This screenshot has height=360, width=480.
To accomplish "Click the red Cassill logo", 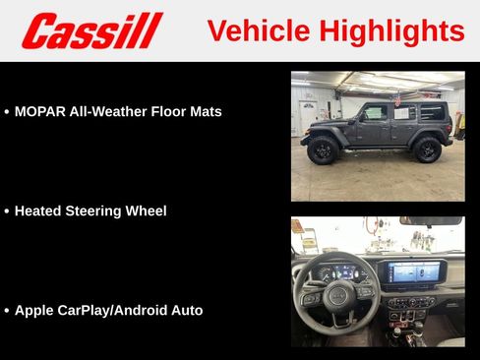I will [x=91, y=30].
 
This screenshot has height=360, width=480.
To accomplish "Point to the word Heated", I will [x=38, y=210].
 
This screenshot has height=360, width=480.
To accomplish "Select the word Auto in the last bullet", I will [x=186, y=310].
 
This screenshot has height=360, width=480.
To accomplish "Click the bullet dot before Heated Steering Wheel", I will [x=7, y=211].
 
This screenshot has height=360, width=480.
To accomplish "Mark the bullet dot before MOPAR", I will [x=7, y=112].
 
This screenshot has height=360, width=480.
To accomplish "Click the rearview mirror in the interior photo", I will [x=430, y=221].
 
